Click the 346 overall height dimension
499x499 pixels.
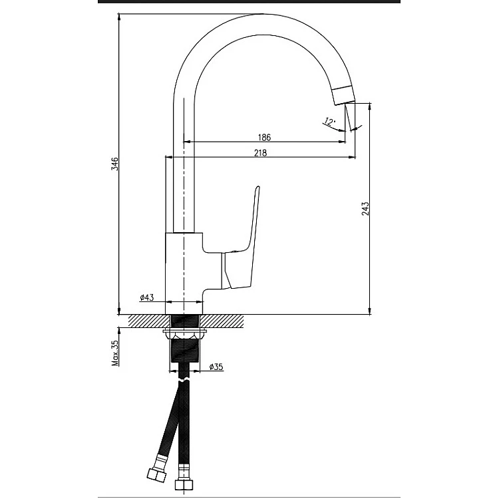pyautogui.click(x=114, y=164)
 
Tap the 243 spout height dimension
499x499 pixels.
pyautogui.click(x=365, y=208)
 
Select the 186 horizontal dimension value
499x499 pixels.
pyautogui.click(x=264, y=138)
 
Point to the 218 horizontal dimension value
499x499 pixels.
pyautogui.click(x=260, y=153)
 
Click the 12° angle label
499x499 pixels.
pyautogui.click(x=330, y=121)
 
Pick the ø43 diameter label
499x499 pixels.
pyautogui.click(x=147, y=297)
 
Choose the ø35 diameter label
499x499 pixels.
pyautogui.click(x=216, y=367)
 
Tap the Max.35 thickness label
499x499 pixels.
pyautogui.click(x=115, y=353)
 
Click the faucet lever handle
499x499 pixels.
pyautogui.click(x=242, y=242)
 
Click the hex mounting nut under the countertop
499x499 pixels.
pyautogui.click(x=184, y=334)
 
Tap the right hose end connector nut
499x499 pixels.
pyautogui.click(x=184, y=484)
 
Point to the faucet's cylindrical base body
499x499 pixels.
pyautogui.click(x=184, y=273)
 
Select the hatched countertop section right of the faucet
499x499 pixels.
pyautogui.click(x=222, y=321)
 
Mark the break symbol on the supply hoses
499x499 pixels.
pyautogui.click(x=184, y=380)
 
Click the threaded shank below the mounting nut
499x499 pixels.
pyautogui.click(x=185, y=351)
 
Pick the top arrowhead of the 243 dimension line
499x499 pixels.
pyautogui.click(x=369, y=106)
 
